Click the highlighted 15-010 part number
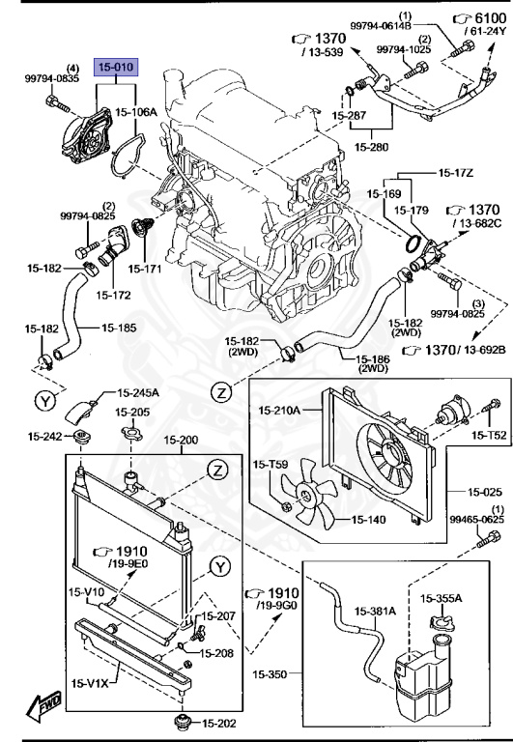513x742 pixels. pyautogui.click(x=116, y=68)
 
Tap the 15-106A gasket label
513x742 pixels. pyautogui.click(x=136, y=112)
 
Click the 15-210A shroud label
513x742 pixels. pyautogui.click(x=280, y=412)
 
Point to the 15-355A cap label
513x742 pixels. pyautogui.click(x=440, y=600)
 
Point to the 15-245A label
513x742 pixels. pyautogui.click(x=138, y=393)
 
